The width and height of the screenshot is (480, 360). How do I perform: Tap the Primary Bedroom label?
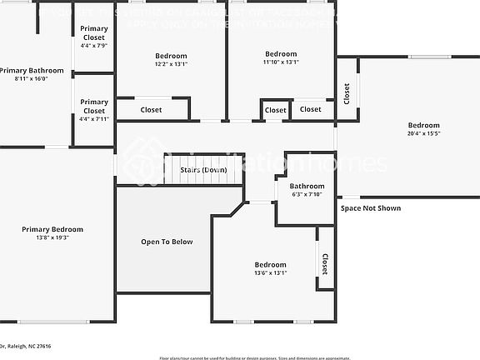[x=52, y=229]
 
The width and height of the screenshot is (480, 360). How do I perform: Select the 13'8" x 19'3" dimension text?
[x=52, y=238]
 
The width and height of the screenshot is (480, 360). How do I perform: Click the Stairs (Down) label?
[x=203, y=170]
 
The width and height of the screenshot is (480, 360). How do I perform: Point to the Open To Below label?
[x=167, y=242]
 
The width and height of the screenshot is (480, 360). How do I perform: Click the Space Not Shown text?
[x=371, y=208]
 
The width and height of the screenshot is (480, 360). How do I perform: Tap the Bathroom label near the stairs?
[x=307, y=187]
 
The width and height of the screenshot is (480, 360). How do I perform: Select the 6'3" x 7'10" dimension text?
[x=307, y=195]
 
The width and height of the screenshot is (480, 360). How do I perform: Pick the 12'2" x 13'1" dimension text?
[x=171, y=63]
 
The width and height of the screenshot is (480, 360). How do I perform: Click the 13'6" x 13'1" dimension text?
[x=270, y=272]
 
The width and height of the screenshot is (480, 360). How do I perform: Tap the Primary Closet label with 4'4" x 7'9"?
[x=94, y=33]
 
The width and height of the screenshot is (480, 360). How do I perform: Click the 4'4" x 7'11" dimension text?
[x=94, y=119]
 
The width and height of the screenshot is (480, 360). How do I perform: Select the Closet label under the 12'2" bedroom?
[x=151, y=110]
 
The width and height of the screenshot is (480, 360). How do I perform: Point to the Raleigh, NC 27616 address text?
[x=26, y=346]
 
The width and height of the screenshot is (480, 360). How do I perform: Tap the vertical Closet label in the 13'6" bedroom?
[x=325, y=264]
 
